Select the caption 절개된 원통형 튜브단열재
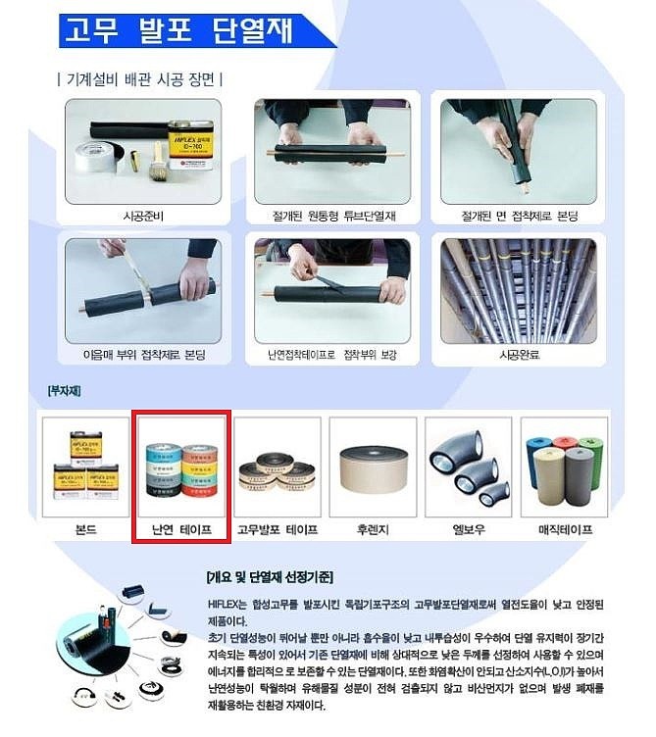click(x=334, y=215)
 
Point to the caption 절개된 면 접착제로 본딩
click(x=518, y=215)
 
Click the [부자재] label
click(x=63, y=391)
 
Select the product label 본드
click(x=86, y=529)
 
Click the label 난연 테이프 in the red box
click(x=180, y=529)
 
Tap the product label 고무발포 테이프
click(x=278, y=529)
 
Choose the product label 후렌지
click(x=373, y=529)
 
